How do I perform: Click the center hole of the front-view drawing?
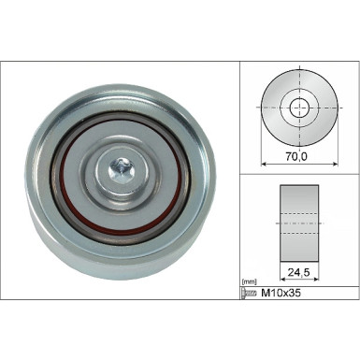pos(300,108)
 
